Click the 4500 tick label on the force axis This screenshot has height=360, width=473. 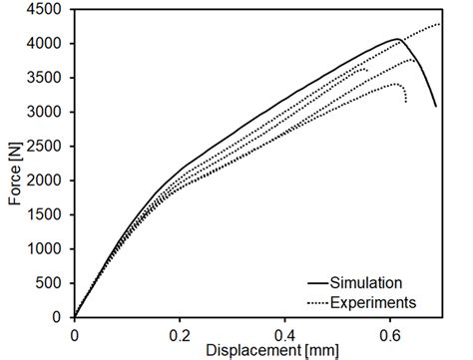click(x=47, y=10)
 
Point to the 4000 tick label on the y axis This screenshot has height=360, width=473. click(x=47, y=44)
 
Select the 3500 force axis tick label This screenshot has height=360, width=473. click(x=47, y=78)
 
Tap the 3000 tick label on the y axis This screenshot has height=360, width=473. click(x=47, y=113)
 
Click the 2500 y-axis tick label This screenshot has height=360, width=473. click(x=47, y=147)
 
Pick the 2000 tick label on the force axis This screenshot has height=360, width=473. click(x=47, y=180)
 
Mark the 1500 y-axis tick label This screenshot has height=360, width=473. click(x=47, y=214)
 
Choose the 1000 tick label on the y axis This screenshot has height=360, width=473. click(x=47, y=249)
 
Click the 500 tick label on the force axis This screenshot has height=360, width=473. click(x=51, y=283)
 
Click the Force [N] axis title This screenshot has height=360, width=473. click(x=14, y=165)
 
